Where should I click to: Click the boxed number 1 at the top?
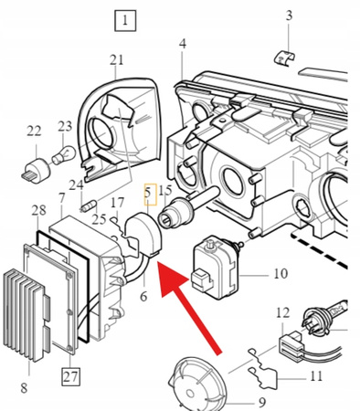[125, 21]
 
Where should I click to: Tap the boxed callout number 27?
[70, 376]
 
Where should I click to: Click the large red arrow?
[189, 308]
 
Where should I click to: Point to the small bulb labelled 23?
[63, 154]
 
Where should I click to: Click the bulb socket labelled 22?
[37, 171]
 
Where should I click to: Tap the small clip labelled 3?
[284, 58]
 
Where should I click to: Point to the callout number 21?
[117, 60]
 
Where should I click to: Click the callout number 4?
[183, 44]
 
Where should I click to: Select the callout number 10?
[281, 274]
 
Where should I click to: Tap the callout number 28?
[39, 210]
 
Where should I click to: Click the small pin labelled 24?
[90, 205]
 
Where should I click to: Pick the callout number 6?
[143, 296]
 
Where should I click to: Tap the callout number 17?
[118, 203]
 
